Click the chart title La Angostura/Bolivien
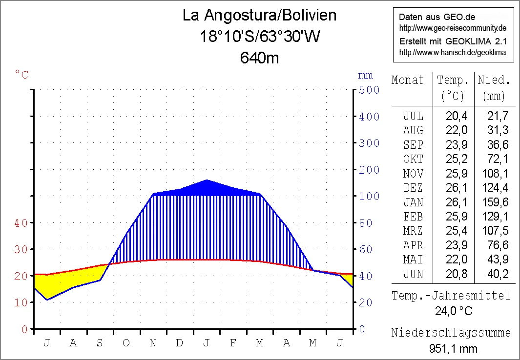point(259,15)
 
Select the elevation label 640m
point(259,58)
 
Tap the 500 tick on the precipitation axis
point(369,90)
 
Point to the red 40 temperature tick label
point(21,222)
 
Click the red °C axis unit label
point(21,75)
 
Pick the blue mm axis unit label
point(365,75)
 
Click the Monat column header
point(408,80)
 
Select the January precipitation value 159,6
point(497,202)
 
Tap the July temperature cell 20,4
point(457,116)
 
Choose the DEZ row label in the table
point(413,188)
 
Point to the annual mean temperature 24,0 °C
point(454,311)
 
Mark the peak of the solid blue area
point(207,180)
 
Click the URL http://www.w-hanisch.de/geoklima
point(453,52)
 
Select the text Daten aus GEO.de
point(430,17)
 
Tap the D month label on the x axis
point(180,343)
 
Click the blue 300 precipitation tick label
point(369,143)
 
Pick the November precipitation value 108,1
point(497,173)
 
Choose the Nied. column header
point(494,80)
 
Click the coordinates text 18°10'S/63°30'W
point(259,37)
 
